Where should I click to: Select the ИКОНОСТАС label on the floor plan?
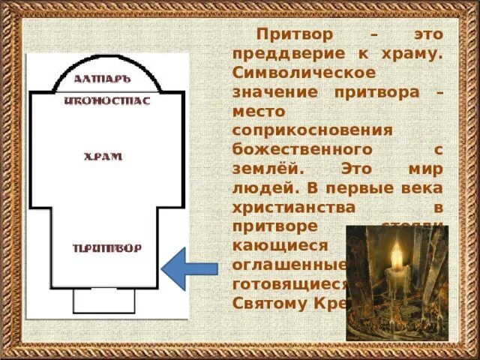pos(107,100)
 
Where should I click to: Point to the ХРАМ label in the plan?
pos(103,157)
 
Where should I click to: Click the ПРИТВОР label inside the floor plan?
pos(106,248)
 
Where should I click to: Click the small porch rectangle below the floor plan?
pos(103,300)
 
